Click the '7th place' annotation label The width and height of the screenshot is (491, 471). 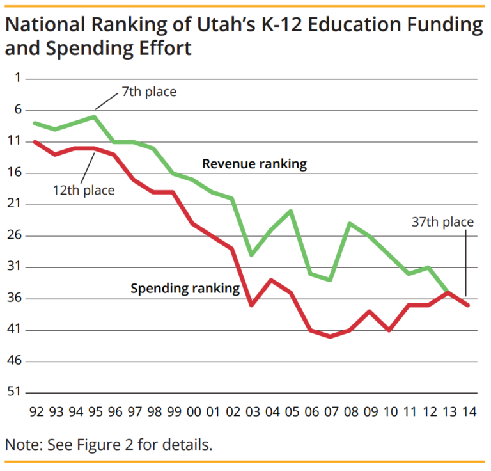(x=149, y=92)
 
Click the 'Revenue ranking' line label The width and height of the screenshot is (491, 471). (x=254, y=164)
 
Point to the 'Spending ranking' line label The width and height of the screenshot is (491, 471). (x=185, y=289)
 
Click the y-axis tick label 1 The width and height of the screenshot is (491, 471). (x=17, y=78)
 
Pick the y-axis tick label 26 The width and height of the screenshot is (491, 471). (x=15, y=235)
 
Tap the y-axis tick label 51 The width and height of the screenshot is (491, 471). (x=15, y=392)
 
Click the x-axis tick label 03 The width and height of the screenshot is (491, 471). (x=252, y=411)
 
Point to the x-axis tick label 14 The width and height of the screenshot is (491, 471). (x=469, y=411)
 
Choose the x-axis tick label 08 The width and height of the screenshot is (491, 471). (x=350, y=411)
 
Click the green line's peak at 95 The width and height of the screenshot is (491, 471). (x=94, y=116)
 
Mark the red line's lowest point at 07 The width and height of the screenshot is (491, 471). (x=331, y=337)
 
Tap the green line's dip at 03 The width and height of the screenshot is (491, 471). (x=252, y=255)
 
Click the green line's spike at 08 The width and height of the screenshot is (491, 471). (x=350, y=223)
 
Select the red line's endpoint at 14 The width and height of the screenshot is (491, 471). (x=469, y=305)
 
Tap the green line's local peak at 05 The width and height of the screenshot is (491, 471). (x=292, y=211)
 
